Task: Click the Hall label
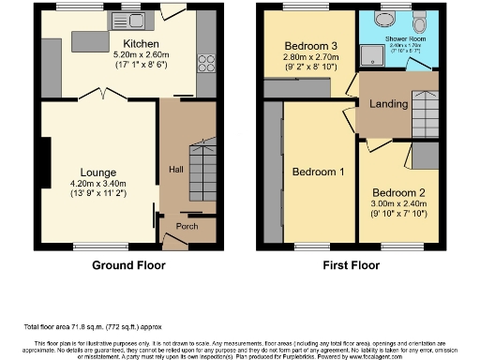click(175, 169)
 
